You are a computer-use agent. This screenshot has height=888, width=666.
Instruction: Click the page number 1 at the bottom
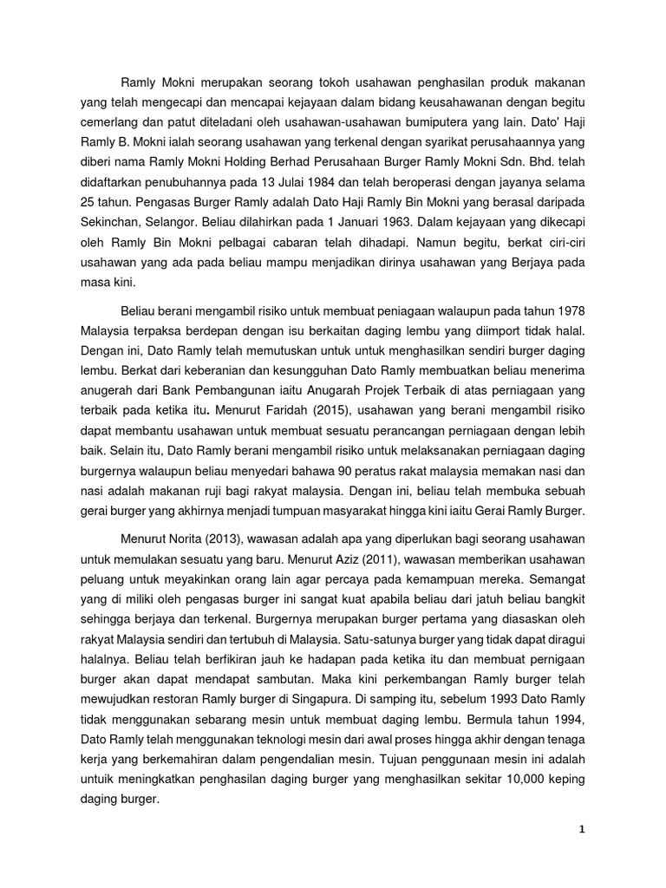coord(583,829)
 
